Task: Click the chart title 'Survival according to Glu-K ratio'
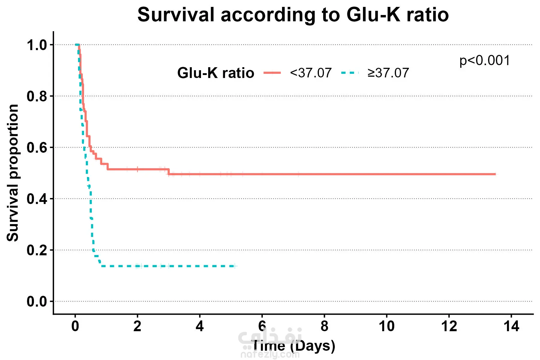coord(293,15)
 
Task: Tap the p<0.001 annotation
coord(484,61)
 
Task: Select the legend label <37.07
coord(311,73)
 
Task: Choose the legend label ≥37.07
coord(388,73)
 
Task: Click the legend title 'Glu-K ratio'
coord(216,73)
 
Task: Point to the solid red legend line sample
coord(272,73)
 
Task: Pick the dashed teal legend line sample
coord(350,73)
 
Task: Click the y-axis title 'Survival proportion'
coord(13,173)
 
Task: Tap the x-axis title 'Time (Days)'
coord(293,346)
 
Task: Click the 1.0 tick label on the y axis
coord(37,45)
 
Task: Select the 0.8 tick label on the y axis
coord(37,96)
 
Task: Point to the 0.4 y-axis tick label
coord(37,199)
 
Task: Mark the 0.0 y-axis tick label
coord(37,301)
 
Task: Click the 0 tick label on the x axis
coord(75,326)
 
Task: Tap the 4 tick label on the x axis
coord(200,326)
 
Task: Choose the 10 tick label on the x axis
coord(387,326)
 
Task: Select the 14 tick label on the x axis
coord(511,326)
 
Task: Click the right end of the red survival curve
coord(496,174)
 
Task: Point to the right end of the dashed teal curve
coord(236,266)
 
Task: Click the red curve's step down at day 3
coord(169,172)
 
